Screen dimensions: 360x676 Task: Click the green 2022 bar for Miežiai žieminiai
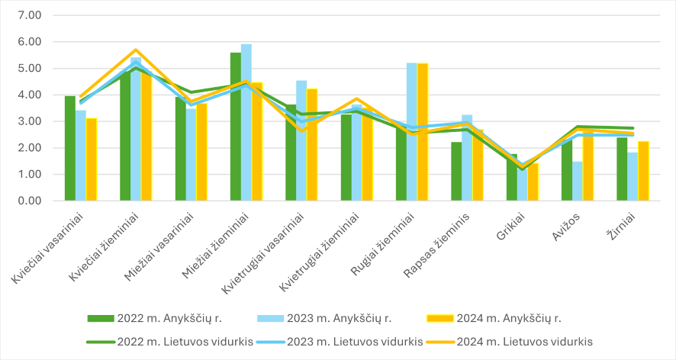point(236,127)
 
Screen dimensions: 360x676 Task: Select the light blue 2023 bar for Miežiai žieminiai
point(246,122)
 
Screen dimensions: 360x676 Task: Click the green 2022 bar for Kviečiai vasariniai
point(70,149)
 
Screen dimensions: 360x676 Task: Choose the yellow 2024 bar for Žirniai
point(643,171)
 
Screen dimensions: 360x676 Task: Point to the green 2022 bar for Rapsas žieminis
point(456,171)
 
